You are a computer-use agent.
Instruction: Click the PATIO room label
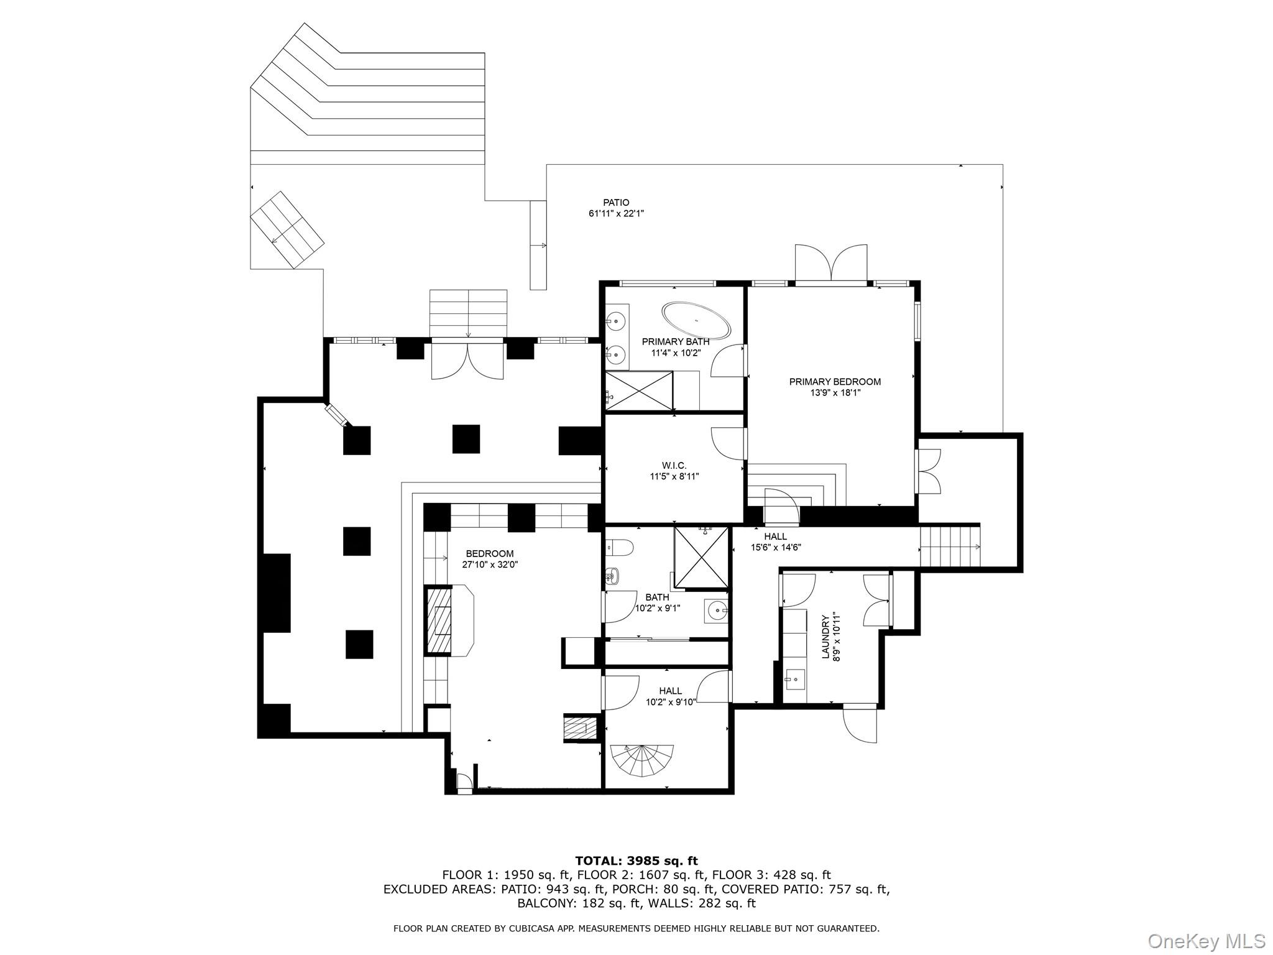click(616, 203)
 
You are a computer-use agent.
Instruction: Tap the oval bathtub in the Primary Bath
click(696, 320)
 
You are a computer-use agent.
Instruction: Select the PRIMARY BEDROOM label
click(835, 382)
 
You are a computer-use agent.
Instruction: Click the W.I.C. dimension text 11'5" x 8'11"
click(674, 477)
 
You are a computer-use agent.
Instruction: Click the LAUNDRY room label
click(825, 637)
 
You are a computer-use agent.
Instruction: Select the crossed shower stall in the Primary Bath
click(639, 390)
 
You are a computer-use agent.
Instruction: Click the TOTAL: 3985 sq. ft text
click(636, 861)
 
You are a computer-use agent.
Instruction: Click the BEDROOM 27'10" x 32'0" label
click(490, 559)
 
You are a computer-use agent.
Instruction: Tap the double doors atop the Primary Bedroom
click(831, 264)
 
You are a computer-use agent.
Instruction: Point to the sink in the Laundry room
click(794, 678)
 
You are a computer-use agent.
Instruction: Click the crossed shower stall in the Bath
click(701, 557)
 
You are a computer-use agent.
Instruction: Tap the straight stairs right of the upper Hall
click(949, 547)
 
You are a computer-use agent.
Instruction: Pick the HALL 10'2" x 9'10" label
click(670, 696)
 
